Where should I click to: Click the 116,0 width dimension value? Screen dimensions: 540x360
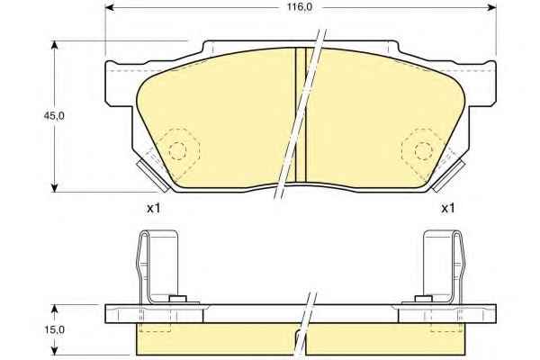(300, 7)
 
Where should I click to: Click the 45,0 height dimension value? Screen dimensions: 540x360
(54, 116)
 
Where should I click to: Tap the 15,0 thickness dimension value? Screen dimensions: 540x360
(54, 329)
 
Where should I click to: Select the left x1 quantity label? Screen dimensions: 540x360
(153, 208)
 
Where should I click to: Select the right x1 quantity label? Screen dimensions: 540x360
(447, 208)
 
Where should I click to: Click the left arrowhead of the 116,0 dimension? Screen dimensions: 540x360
(110, 7)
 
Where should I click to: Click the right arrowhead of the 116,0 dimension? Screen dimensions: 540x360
(491, 7)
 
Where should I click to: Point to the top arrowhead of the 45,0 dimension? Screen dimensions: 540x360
(54, 46)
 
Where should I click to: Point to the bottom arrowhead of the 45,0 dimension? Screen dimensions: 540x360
(54, 187)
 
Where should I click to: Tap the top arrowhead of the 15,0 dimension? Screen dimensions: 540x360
(54, 309)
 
